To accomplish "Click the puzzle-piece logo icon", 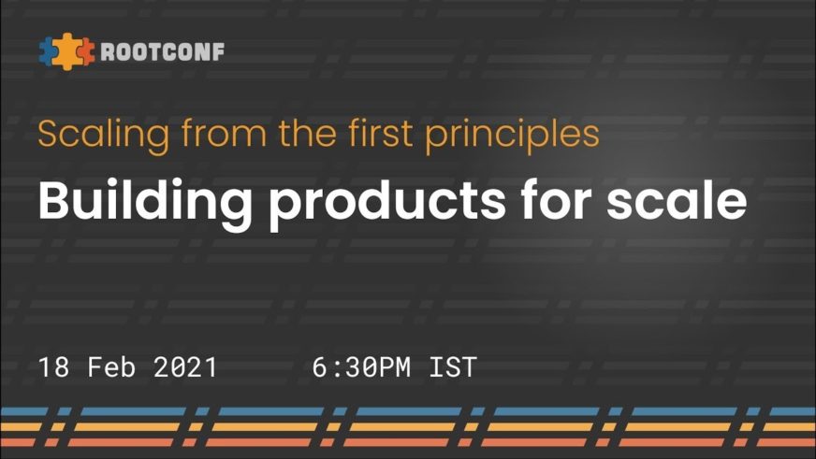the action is (67, 51).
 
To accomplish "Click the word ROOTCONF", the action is (163, 52).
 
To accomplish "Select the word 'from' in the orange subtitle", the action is (224, 133).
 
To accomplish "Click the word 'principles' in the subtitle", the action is (513, 136).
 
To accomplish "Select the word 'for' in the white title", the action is (556, 200).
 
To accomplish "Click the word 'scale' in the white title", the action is (677, 200).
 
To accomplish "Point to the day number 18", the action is (53, 367).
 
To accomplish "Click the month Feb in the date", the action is (111, 367).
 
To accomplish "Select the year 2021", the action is (185, 367).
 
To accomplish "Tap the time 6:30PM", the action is (362, 367).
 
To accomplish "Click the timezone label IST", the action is (453, 367).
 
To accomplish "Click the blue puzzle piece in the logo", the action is (47, 51).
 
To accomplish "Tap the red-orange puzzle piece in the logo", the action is (86, 52).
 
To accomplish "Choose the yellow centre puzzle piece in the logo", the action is (66, 51).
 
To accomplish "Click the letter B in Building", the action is (54, 200).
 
